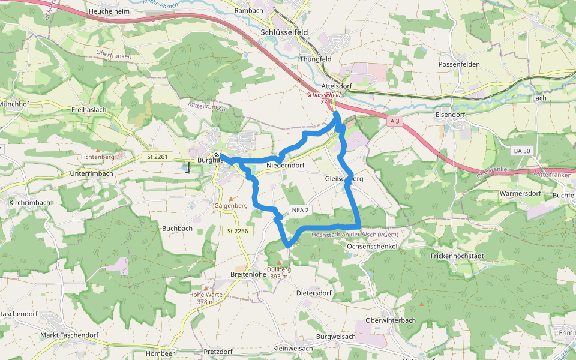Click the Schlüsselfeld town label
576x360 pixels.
(288, 32)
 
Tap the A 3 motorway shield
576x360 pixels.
(394, 121)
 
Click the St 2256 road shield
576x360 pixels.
(238, 231)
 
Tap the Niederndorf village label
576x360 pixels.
(286, 165)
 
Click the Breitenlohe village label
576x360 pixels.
(248, 274)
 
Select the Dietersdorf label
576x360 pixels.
(314, 293)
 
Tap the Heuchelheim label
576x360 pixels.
(109, 11)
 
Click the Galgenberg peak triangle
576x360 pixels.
(231, 199)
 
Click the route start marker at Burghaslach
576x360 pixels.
(217, 155)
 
